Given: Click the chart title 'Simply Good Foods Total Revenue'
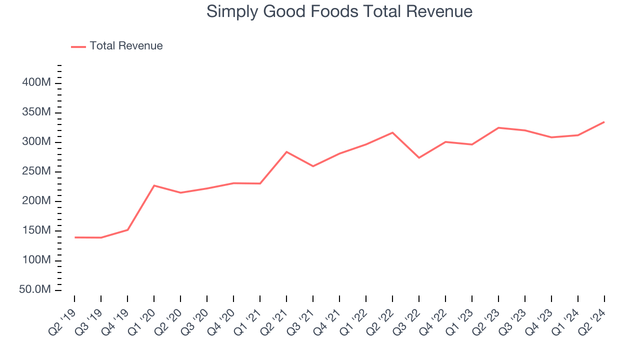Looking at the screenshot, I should coord(339,11).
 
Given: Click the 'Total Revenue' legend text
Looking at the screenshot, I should coord(126,46).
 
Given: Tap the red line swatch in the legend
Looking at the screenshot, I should coord(78,46).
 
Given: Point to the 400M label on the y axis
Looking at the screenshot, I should coord(36,82).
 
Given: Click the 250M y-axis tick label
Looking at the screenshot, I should coord(36,171).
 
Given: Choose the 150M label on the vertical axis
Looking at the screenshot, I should coord(36,230).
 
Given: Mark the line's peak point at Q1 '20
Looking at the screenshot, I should coord(154,185).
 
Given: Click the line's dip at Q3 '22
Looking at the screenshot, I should coord(419,157).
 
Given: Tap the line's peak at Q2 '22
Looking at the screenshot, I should coord(392,132).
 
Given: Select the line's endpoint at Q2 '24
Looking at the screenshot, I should coord(604,122).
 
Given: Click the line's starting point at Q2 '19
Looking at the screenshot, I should coord(75,237).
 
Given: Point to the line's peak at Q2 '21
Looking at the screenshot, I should coord(286,151).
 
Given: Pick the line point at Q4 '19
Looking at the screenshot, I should coord(128,230).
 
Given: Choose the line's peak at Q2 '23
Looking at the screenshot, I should coord(498,127).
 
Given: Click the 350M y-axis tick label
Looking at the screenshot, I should coord(36,112).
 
